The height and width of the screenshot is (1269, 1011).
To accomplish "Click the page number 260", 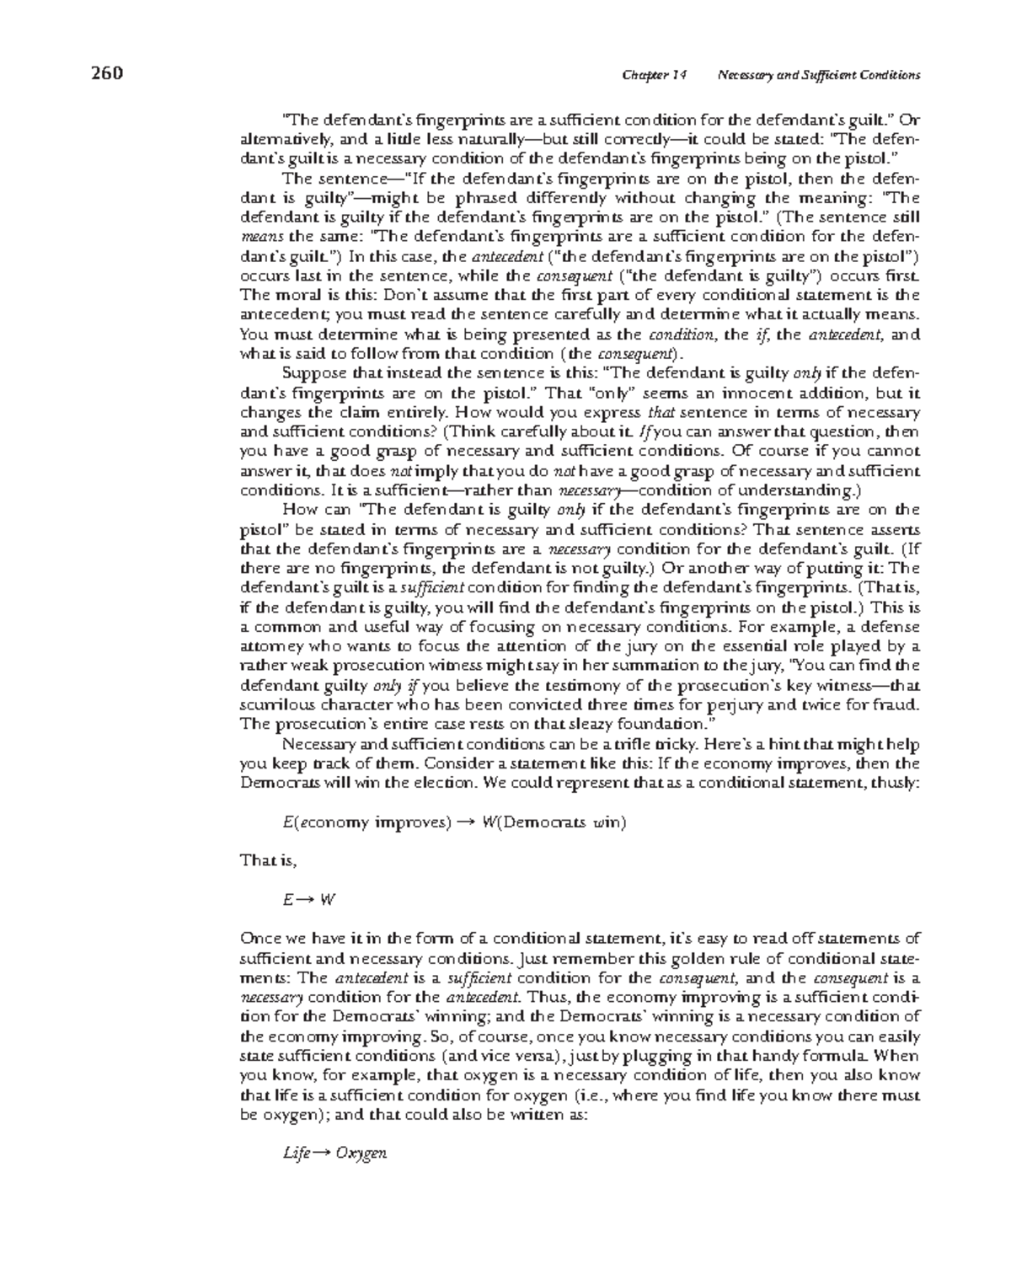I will [107, 73].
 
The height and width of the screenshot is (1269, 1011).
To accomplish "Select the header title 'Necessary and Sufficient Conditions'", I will [817, 75].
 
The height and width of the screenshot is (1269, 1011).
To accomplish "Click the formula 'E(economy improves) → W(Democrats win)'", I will [454, 822].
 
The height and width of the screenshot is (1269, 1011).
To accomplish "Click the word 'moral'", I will [291, 295].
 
